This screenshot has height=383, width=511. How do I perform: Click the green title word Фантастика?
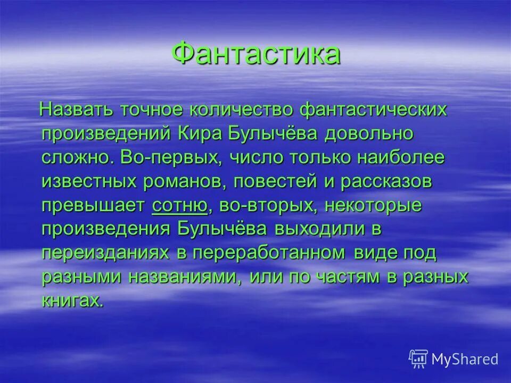(256, 54)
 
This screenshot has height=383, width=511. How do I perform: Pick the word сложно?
(75, 157)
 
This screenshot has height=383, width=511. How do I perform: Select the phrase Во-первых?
(167, 157)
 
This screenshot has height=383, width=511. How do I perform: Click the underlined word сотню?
(179, 205)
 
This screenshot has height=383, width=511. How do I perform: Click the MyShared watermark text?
(465, 359)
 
